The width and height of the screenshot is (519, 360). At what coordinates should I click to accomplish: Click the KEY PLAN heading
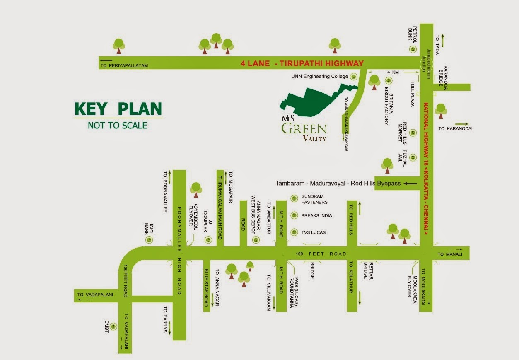point(118,109)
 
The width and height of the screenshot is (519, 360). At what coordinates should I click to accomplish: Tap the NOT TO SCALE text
point(118,125)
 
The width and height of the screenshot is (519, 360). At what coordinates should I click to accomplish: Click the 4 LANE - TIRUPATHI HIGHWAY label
point(302,63)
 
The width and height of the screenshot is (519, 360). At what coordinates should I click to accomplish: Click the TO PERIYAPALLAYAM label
point(124,65)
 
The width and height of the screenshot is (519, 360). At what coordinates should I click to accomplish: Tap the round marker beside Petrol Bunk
point(413,49)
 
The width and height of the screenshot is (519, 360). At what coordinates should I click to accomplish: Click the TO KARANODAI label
point(455,128)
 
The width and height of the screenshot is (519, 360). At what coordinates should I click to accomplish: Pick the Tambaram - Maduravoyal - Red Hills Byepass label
point(338,183)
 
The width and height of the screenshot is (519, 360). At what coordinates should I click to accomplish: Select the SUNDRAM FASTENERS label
point(314,199)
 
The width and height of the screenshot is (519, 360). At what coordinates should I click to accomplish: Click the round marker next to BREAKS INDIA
point(294,215)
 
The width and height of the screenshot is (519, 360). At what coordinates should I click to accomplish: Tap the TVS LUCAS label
point(314,232)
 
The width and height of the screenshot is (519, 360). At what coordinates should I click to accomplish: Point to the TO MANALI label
point(449,254)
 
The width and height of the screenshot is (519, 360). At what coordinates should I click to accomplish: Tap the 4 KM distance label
point(393,72)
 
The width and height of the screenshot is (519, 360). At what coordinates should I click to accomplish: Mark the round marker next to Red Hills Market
point(413,133)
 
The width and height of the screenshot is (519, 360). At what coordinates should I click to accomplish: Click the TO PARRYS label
point(165,319)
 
